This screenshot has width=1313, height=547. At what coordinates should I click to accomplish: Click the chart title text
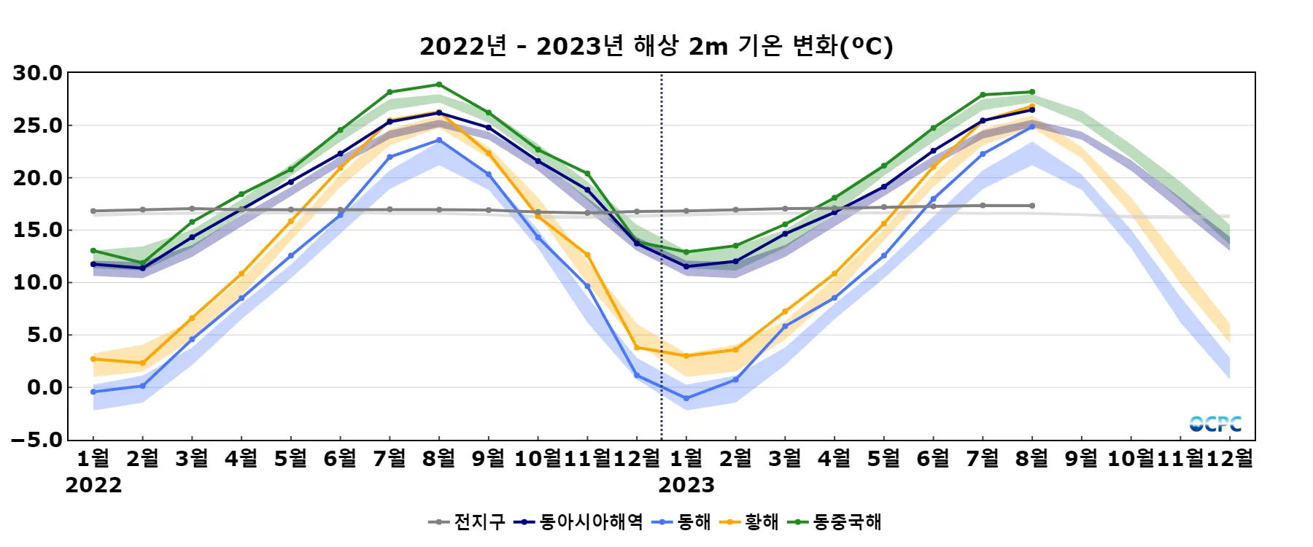[656, 47]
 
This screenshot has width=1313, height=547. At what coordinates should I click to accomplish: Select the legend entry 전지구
[479, 522]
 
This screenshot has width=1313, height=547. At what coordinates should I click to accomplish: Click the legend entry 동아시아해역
[591, 522]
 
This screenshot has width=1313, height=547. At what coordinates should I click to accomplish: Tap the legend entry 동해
[694, 522]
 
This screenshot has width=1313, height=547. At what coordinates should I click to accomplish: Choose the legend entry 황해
[762, 522]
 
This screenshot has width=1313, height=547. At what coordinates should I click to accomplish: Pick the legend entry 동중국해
[847, 522]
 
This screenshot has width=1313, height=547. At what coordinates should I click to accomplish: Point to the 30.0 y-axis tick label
[38, 73]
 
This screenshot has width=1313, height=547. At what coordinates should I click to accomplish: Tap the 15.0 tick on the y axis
[38, 230]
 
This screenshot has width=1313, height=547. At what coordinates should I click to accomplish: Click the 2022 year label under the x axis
[93, 485]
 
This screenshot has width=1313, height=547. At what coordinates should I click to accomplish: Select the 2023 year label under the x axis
[686, 485]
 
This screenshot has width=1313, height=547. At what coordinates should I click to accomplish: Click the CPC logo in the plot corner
[1215, 424]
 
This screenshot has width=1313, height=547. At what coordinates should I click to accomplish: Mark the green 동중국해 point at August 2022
[439, 85]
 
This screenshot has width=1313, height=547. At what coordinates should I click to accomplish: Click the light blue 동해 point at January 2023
[686, 398]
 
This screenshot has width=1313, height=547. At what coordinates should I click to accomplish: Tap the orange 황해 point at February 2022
[143, 363]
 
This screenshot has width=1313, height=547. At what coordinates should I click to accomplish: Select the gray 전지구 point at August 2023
[1032, 206]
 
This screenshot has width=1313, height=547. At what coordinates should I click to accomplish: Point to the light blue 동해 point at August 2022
[439, 140]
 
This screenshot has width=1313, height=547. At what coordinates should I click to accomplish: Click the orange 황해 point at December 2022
[637, 347]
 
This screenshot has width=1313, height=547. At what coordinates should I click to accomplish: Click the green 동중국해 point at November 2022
[587, 174]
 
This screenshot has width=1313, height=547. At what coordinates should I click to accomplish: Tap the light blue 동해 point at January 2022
[93, 392]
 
